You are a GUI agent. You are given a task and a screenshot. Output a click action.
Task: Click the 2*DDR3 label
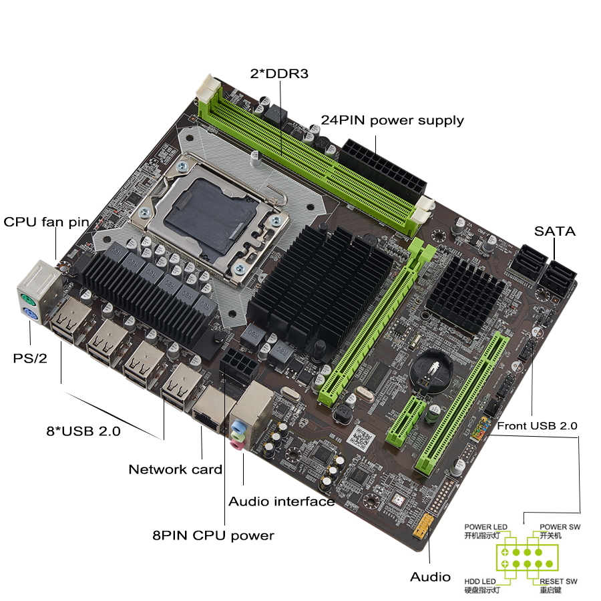279,73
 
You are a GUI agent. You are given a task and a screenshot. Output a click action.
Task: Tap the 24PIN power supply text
392,121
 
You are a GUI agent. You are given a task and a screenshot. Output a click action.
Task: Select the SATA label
554,232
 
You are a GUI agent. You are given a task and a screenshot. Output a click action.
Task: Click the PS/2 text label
30,358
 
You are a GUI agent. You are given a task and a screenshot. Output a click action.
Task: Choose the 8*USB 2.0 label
83,431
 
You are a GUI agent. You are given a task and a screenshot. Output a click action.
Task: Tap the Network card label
175,469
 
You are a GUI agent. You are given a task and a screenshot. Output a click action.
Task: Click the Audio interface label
281,501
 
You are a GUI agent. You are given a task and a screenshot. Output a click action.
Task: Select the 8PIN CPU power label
213,535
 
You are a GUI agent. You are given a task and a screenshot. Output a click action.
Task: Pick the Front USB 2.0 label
538,425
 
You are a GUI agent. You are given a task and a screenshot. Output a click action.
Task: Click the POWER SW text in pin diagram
560,527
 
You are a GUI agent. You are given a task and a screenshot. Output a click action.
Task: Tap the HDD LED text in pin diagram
481,581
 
